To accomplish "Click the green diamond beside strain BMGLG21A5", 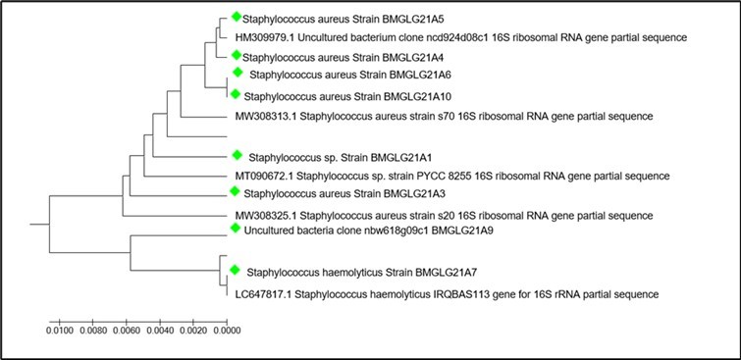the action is click(x=237, y=18).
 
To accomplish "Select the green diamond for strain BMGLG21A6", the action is click(x=237, y=74).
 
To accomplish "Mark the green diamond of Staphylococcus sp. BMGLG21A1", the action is click(x=237, y=155).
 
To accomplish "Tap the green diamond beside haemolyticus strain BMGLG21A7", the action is click(x=236, y=270).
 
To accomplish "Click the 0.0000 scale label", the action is click(x=227, y=333).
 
